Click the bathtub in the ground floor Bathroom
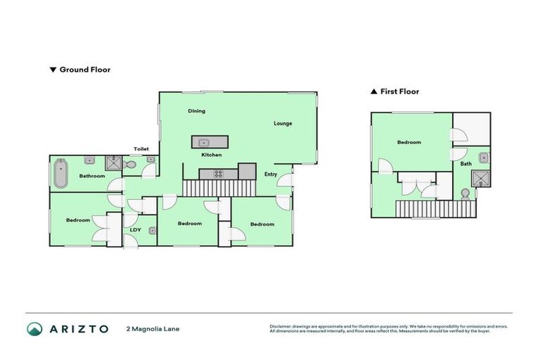tap(60, 174)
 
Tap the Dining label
tap(196, 111)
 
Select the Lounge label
tap(283, 124)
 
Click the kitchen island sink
tap(203, 141)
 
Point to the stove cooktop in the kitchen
tap(217, 174)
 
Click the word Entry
tap(270, 174)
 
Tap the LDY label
tap(135, 229)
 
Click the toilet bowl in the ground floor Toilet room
tap(130, 165)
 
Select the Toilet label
tap(141, 149)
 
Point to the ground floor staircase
tap(218, 188)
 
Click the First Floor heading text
tap(399, 91)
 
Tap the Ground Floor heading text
tap(84, 70)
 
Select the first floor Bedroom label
tap(409, 143)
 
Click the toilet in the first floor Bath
tap(465, 193)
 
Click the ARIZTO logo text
tap(79, 328)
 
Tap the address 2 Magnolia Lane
tap(153, 328)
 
